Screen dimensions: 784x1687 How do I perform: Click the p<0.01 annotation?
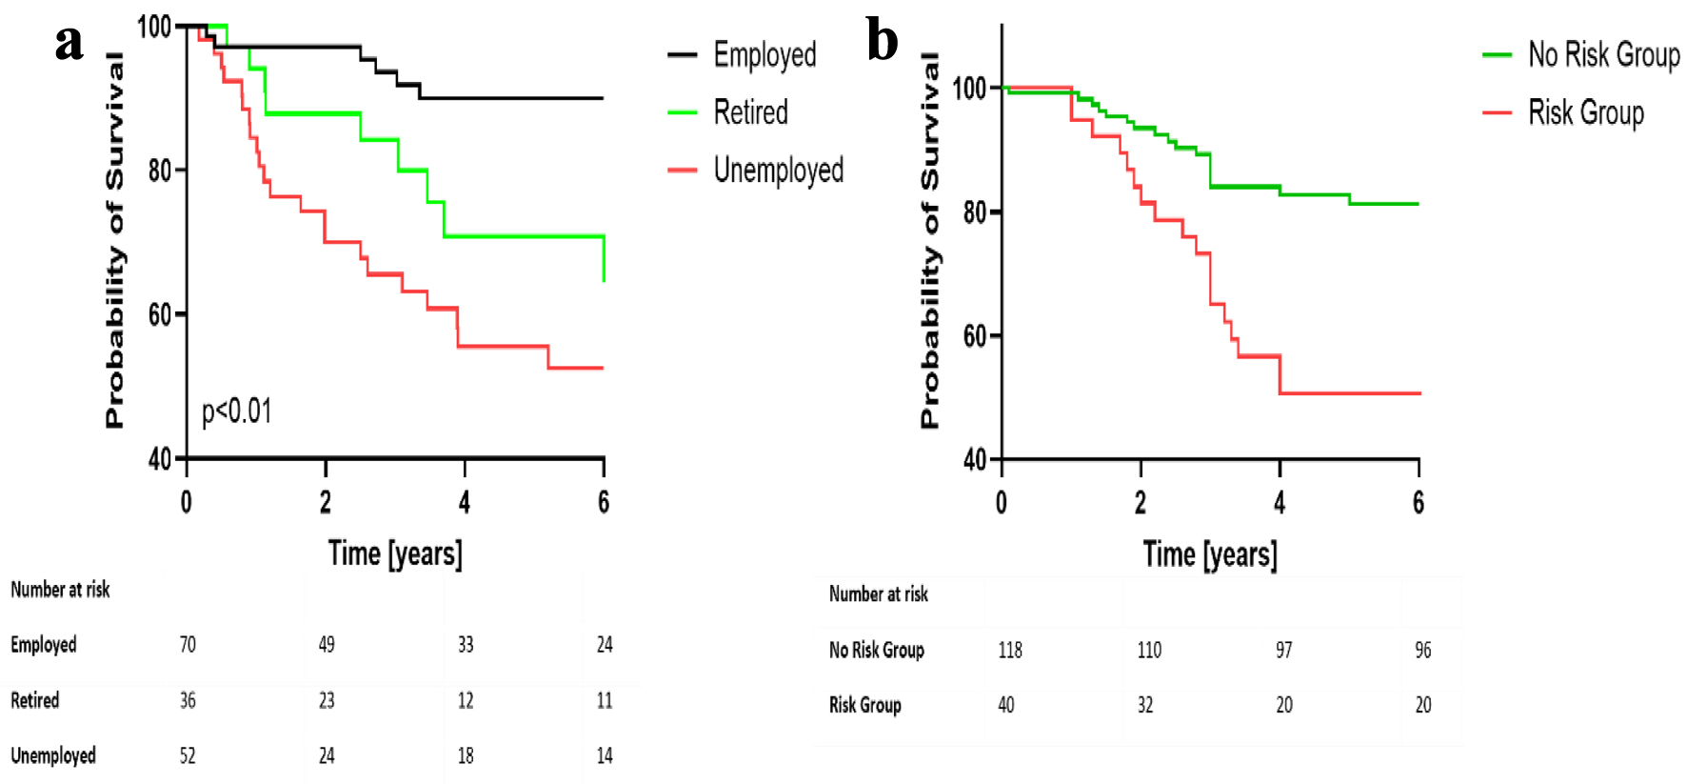237,412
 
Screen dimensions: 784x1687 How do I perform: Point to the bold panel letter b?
883,42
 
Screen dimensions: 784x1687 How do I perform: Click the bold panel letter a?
69,42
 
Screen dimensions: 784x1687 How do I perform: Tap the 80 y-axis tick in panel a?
160,171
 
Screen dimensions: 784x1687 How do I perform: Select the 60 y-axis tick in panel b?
975,336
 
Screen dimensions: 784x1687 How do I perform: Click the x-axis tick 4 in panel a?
465,502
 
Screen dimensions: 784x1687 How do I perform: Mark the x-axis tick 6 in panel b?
1419,502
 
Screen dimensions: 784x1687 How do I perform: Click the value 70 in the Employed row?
188,645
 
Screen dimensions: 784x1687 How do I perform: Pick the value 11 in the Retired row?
605,701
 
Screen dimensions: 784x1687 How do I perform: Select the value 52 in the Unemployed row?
188,756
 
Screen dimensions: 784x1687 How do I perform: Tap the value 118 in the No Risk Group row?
1010,651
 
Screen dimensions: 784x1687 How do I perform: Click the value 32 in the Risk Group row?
1145,706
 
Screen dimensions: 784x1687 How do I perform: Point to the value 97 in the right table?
1284,651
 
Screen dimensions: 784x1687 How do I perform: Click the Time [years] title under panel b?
1210,554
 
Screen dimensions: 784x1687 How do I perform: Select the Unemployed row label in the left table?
53,756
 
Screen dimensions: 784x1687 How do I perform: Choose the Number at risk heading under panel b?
878,594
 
